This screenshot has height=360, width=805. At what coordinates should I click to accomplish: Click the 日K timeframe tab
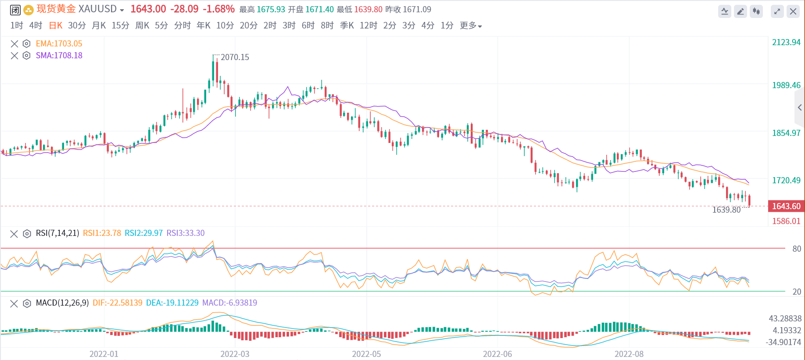(56, 25)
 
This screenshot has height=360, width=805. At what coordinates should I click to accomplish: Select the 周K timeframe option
(142, 25)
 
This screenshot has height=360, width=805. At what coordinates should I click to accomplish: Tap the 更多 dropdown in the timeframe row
(471, 25)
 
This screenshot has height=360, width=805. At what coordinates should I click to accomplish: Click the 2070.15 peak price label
(235, 57)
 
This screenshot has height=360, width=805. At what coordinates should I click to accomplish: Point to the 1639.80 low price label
(726, 210)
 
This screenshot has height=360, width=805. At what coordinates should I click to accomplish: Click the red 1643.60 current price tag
(786, 206)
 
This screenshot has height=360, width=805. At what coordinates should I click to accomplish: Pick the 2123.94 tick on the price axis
(786, 43)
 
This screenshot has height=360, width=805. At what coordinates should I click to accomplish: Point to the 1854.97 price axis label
(786, 133)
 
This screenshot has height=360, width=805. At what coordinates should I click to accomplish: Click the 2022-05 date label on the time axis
(366, 354)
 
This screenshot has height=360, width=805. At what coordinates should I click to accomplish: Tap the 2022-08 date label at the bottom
(629, 354)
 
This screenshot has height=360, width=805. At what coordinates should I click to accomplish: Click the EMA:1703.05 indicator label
(59, 44)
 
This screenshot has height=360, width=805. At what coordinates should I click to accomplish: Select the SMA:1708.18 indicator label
(59, 56)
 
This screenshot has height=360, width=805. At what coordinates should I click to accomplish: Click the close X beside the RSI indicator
(14, 234)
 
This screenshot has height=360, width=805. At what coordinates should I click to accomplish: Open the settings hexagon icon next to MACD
(27, 303)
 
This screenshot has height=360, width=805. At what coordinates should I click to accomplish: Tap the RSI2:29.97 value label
(143, 233)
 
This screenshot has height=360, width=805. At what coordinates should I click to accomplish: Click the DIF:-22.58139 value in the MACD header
(117, 303)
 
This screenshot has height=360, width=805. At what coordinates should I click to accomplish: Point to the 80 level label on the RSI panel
(797, 249)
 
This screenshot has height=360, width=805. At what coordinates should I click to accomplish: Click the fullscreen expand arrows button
(777, 11)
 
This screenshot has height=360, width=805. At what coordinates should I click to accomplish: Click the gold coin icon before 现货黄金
(29, 10)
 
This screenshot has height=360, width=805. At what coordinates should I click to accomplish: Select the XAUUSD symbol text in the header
(97, 9)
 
